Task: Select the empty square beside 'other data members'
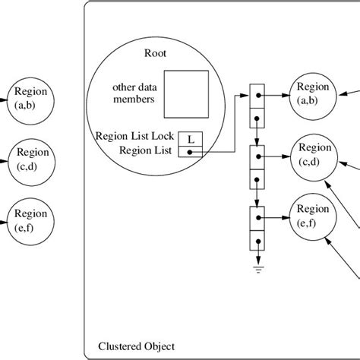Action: [188, 94]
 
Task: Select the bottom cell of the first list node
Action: [259, 118]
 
